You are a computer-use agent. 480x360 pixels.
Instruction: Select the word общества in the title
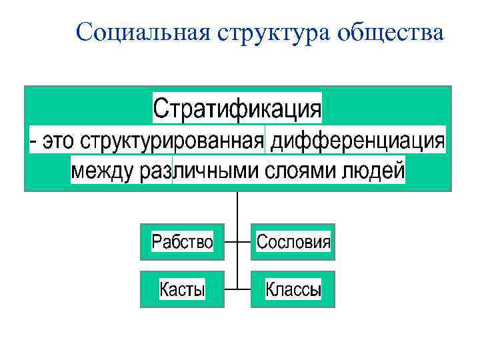390,31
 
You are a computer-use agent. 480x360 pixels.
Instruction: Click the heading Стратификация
237,108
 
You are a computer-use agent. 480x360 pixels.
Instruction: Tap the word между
103,171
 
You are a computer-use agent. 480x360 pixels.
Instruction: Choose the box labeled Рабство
182,241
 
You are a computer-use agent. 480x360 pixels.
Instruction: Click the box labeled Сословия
293,241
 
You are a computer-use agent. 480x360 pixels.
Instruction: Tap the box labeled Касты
182,289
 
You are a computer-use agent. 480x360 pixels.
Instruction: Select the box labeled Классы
293,289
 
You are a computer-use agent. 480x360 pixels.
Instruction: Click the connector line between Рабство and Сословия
237,241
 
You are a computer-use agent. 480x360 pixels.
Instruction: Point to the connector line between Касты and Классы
237,289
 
